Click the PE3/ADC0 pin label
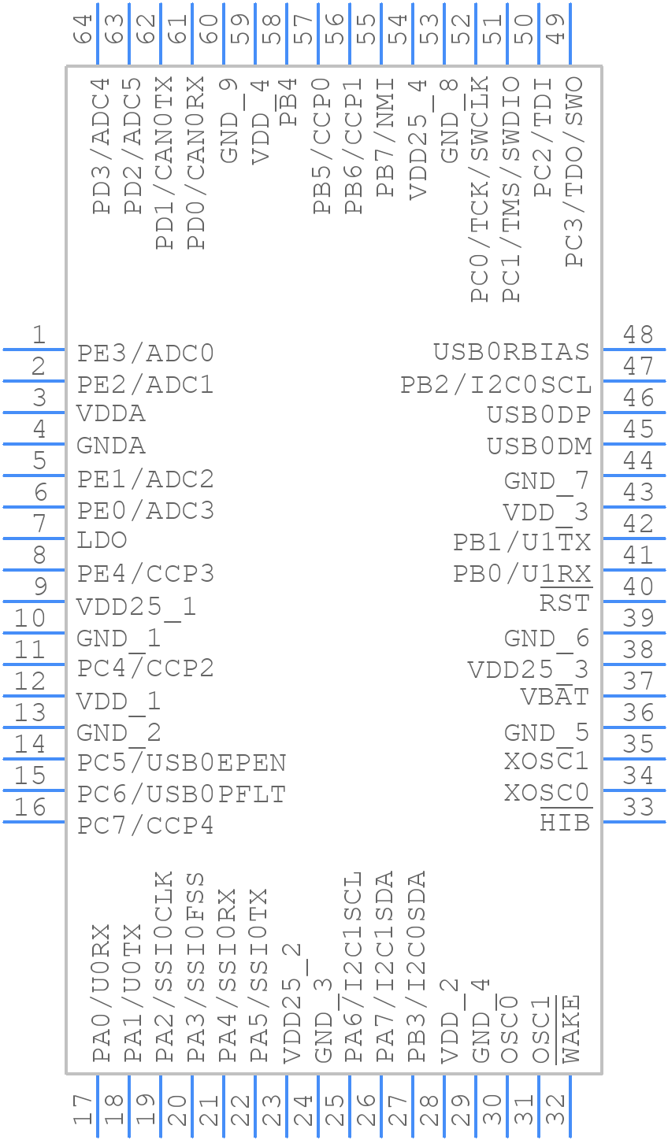(x=146, y=353)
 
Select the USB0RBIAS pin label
(x=511, y=351)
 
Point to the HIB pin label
(x=565, y=824)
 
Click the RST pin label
(x=565, y=604)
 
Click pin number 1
(x=38, y=335)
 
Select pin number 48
(x=638, y=335)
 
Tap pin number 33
(x=638, y=808)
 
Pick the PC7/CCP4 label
(x=146, y=825)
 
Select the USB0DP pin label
(x=539, y=414)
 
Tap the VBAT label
(x=555, y=698)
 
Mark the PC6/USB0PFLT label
(x=181, y=794)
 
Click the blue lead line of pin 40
(x=633, y=601)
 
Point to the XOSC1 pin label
(x=547, y=761)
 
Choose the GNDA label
(x=111, y=446)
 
